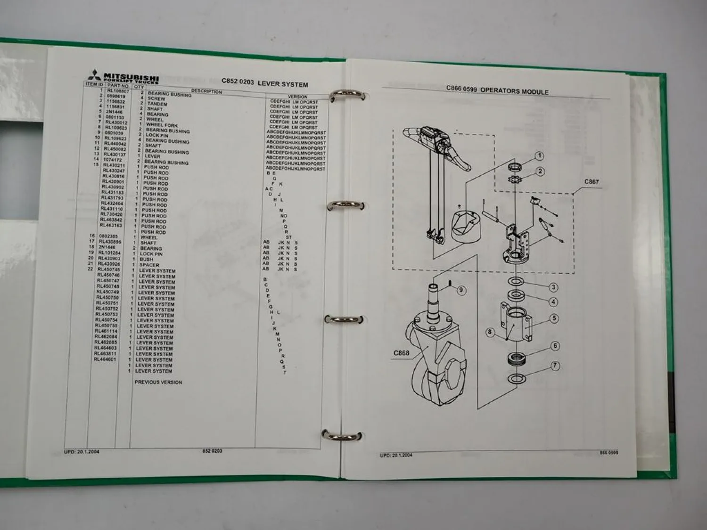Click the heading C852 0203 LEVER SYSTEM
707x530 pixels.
tap(264, 83)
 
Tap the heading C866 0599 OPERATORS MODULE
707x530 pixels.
tap(497, 90)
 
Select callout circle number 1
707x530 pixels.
tap(539, 156)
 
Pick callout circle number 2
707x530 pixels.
tap(540, 171)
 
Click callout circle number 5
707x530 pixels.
tap(554, 318)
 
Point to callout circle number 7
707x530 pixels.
tap(555, 365)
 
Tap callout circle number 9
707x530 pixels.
tap(461, 290)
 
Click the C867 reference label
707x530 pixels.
tap(592, 182)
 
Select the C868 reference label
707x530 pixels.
tap(401, 353)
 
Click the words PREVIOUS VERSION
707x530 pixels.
tap(158, 382)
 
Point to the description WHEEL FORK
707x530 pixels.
tap(162, 125)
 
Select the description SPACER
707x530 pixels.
tap(149, 265)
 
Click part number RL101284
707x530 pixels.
tap(109, 253)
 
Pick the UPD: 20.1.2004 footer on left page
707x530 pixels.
tap(82, 451)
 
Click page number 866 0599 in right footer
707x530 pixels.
tap(608, 453)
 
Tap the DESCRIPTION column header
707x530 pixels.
tap(206, 91)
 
